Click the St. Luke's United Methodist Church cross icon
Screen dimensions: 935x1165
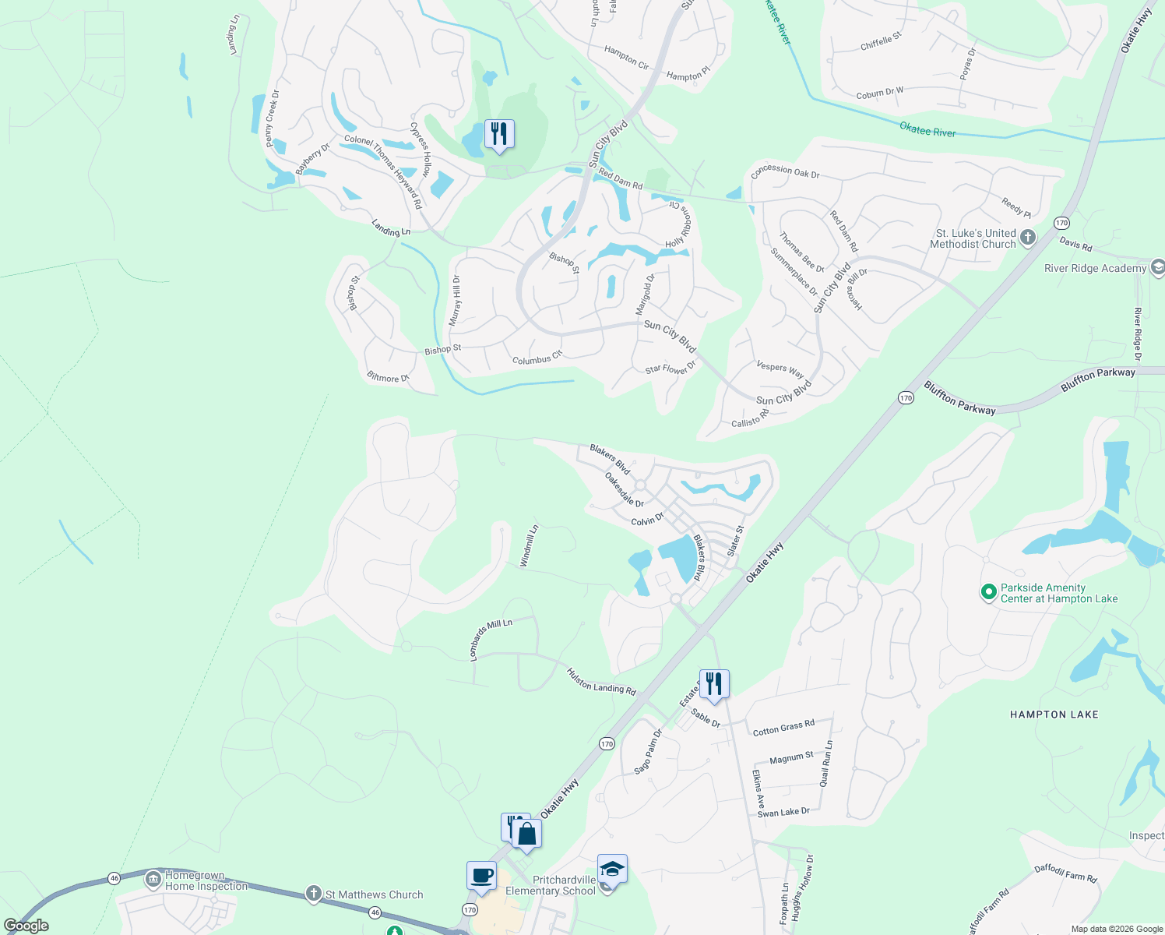pos(1028,238)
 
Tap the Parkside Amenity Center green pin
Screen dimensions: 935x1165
pos(988,592)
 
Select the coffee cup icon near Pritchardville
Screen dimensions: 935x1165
pos(481,875)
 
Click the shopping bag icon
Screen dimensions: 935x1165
pos(527,834)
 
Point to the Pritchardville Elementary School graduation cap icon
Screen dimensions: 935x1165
pos(612,869)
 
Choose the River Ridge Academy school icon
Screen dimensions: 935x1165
pos(1157,268)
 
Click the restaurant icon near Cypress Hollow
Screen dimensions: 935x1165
pos(498,134)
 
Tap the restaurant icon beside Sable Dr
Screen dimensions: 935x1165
pos(713,684)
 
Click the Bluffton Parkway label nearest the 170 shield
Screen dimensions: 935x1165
pos(959,397)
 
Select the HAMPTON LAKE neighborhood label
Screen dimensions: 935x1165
pos(1054,714)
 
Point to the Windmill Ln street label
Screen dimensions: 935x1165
pos(529,545)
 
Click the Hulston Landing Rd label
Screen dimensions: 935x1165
pos(601,682)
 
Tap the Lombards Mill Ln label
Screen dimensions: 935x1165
pos(491,639)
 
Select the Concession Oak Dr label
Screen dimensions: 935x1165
pos(785,171)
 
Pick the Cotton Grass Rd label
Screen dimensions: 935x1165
pos(783,728)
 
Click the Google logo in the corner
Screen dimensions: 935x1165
pos(26,926)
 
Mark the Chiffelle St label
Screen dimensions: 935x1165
pos(881,41)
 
